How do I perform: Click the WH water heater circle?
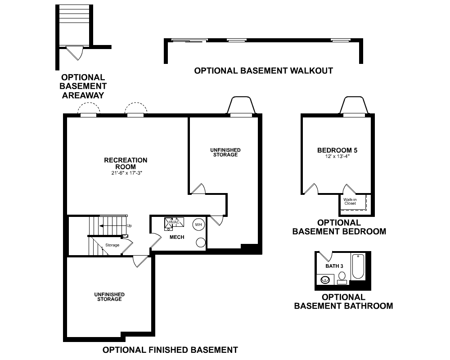pos(198,225)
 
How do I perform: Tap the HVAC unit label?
pos(174,222)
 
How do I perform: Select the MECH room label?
pos(177,237)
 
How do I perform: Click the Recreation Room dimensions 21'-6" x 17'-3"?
pos(127,173)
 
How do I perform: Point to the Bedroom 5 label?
pos(337,150)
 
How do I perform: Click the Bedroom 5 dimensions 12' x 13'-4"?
pos(337,157)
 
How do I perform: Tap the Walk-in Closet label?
pos(350,202)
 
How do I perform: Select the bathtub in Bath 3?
pos(358,266)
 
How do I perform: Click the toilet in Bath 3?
pos(342,278)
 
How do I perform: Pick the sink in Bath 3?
pos(325,279)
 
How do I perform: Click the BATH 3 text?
pos(334,266)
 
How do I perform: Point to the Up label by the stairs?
pos(129,225)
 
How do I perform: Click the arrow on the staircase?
pos(113,225)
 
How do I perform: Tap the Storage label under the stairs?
pos(112,245)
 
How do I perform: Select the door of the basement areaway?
pos(75,53)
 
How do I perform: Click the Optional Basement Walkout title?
pos(263,71)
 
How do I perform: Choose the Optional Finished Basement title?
pos(170,350)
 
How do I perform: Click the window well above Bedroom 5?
pos(354,105)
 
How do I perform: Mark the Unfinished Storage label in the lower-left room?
pos(109,297)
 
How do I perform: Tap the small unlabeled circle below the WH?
pos(201,243)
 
